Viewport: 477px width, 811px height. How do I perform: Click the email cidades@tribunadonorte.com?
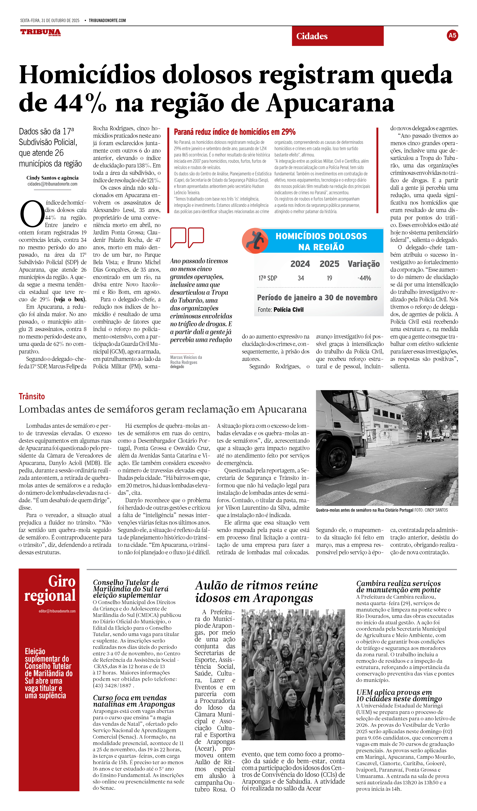(x=52, y=184)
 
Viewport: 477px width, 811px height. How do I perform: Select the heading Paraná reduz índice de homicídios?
(x=235, y=132)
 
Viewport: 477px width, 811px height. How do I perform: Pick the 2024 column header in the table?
(x=300, y=264)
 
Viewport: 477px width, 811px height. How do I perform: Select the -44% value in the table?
(x=364, y=278)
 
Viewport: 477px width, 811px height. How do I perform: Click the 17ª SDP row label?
(x=268, y=278)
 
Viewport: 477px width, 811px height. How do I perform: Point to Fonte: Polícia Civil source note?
(x=280, y=310)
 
